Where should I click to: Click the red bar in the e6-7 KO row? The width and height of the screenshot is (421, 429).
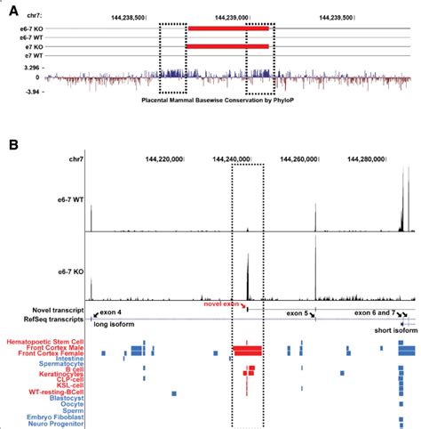coord(227,28)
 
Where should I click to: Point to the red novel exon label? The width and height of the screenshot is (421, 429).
coord(218,304)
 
